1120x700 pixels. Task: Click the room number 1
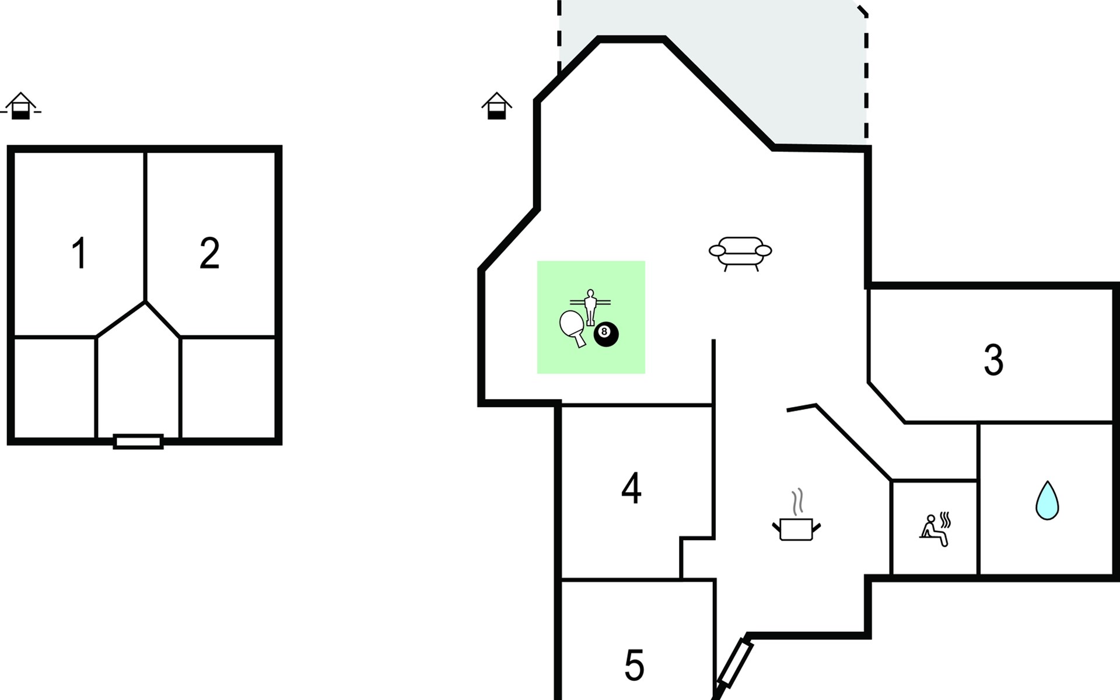tap(79, 254)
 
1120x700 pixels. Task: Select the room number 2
tap(209, 254)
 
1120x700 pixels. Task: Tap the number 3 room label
tap(993, 360)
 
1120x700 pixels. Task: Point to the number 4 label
tap(631, 489)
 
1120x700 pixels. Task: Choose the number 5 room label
tap(634, 666)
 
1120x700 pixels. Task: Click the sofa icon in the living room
tap(740, 253)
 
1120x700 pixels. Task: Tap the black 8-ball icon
tap(605, 334)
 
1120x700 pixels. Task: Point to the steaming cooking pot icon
tap(796, 528)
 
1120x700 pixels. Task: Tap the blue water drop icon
tap(1047, 501)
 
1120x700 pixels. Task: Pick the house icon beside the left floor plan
tap(21, 106)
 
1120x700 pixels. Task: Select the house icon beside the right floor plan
tap(496, 106)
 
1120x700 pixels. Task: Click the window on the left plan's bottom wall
tap(138, 442)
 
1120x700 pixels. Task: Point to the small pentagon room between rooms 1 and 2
tap(138, 373)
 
